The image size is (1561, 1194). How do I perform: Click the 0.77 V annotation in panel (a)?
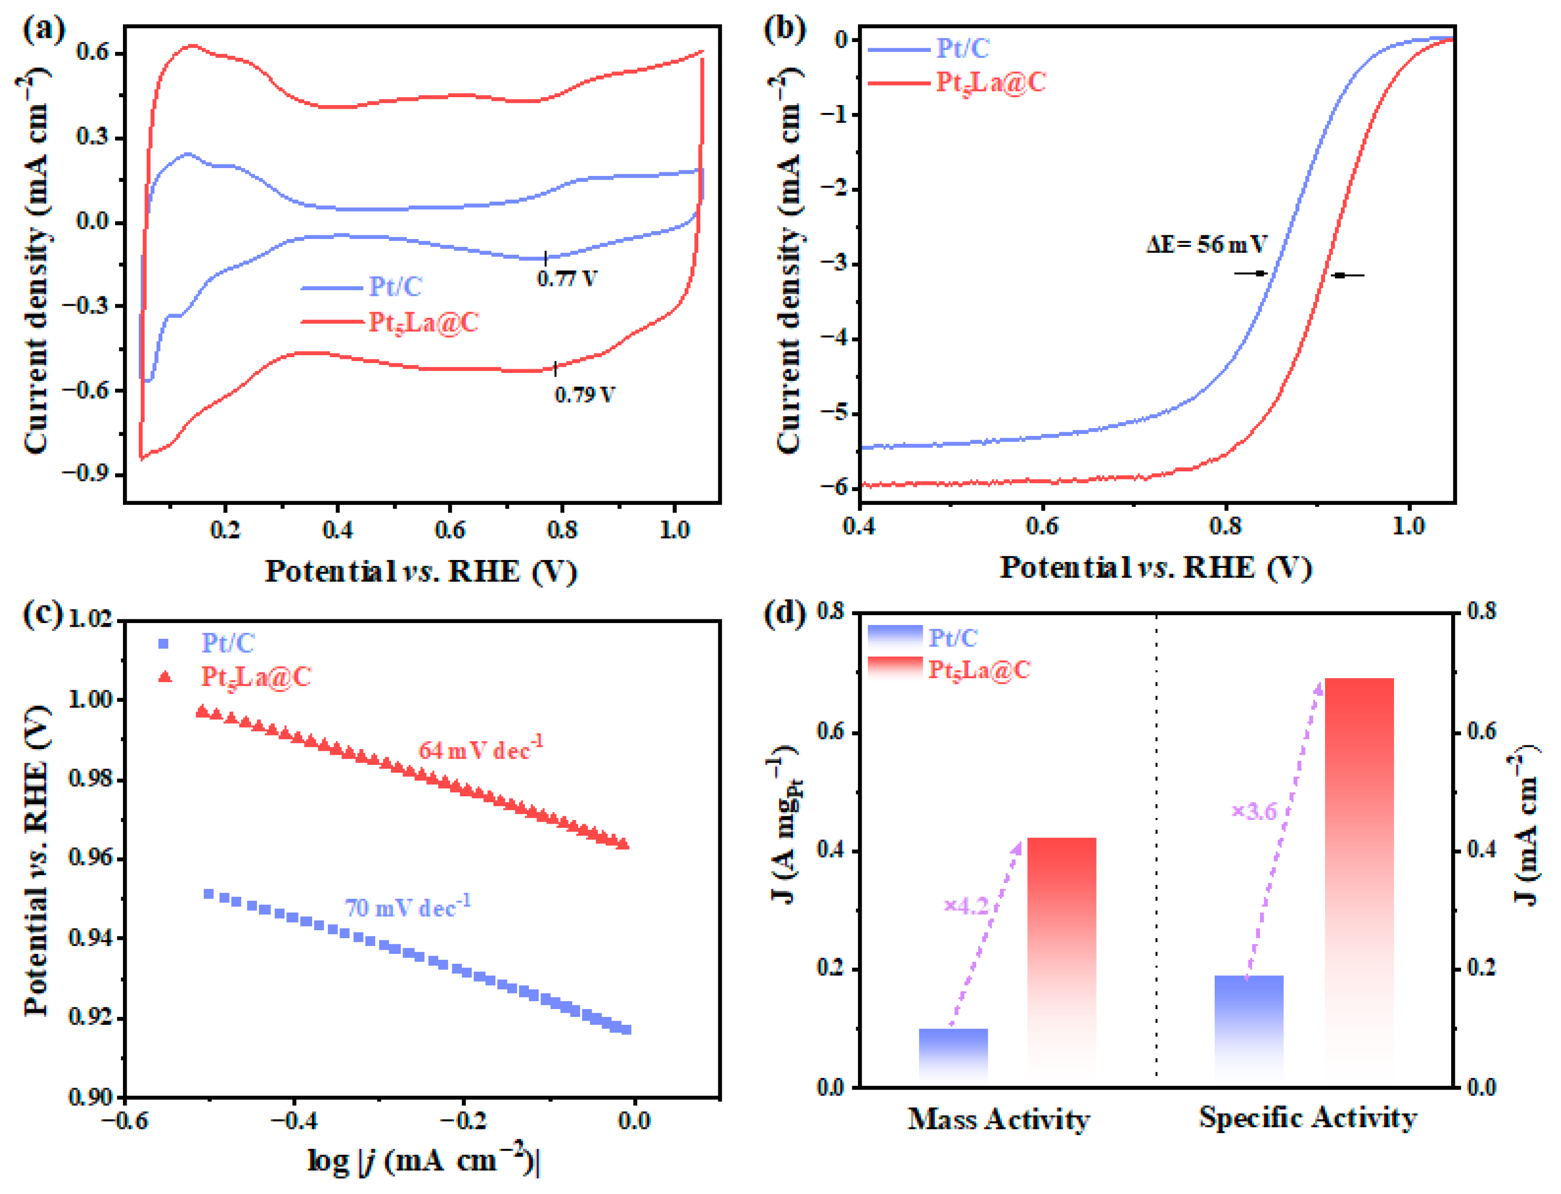click(x=566, y=278)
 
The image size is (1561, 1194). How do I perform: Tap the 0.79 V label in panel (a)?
click(x=584, y=394)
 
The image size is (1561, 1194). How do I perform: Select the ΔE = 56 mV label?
click(x=1206, y=244)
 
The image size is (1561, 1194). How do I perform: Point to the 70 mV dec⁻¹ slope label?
click(x=407, y=907)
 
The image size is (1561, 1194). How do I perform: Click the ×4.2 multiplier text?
click(x=966, y=906)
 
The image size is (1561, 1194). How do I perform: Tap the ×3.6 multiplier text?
click(x=1254, y=811)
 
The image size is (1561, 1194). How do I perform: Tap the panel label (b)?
click(x=783, y=30)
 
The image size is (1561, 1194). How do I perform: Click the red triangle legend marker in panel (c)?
click(x=165, y=676)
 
